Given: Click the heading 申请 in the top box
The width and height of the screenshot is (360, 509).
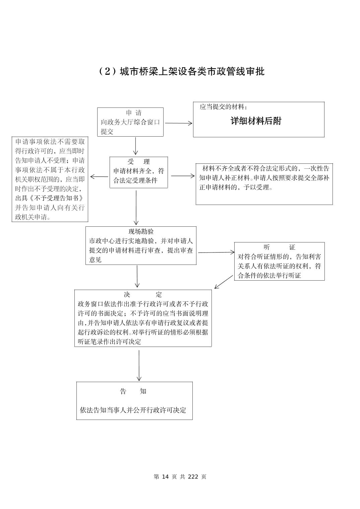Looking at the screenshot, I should [x=133, y=113].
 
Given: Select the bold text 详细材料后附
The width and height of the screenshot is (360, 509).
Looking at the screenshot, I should [x=256, y=121].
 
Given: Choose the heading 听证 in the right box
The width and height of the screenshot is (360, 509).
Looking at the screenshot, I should [x=279, y=247].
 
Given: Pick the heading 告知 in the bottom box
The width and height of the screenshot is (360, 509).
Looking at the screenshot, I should [x=133, y=391].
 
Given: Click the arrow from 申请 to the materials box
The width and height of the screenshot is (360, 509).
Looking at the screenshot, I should [x=178, y=123].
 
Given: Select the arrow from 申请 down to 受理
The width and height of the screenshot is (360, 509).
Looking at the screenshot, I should [x=136, y=146].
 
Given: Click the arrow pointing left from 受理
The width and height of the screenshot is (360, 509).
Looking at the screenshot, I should [x=99, y=176].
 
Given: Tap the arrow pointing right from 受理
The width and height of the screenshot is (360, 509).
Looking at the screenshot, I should [x=182, y=176].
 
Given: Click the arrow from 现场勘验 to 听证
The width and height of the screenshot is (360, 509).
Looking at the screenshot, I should [x=216, y=252].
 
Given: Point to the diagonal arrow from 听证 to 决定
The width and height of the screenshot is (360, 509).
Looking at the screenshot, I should [x=224, y=282].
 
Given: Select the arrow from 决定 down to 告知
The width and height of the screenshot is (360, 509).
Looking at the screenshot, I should [x=139, y=365].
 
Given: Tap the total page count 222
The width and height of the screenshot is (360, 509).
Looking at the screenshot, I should [x=193, y=477].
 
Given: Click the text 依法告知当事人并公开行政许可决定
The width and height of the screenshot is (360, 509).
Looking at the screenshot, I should [x=133, y=410].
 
